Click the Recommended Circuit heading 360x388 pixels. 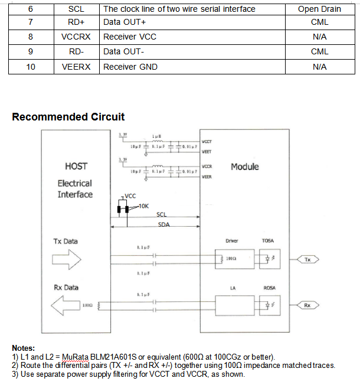click(68, 116)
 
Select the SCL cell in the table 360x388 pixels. click(76, 9)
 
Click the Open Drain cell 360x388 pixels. click(319, 9)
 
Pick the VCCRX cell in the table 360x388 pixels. click(76, 37)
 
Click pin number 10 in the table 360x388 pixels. click(31, 67)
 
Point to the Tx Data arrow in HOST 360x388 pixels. click(67, 258)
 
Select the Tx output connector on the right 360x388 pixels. click(307, 259)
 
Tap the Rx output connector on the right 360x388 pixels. click(307, 305)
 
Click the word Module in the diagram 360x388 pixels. click(245, 167)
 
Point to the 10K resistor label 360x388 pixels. click(143, 206)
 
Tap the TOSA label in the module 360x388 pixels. click(269, 241)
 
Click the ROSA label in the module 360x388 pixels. click(269, 288)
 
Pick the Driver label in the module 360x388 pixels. click(232, 241)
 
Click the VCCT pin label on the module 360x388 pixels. click(207, 142)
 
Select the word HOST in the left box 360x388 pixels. click(77, 166)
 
